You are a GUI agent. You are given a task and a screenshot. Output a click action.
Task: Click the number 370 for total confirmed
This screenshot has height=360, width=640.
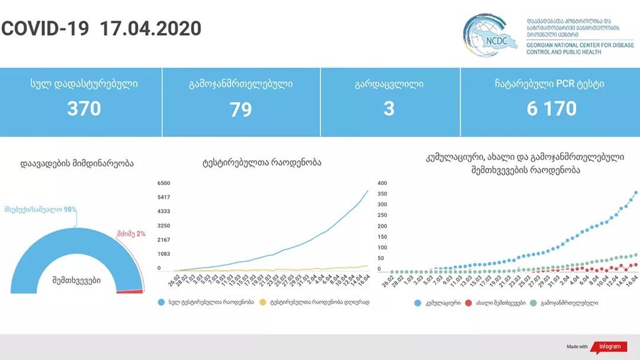pos(84,109)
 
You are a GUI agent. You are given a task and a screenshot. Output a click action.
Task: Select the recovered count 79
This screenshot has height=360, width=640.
pos(241,110)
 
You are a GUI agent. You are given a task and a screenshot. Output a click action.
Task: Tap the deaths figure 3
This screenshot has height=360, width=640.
pos(389,109)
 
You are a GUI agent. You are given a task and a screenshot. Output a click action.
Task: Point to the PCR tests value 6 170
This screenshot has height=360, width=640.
pos(551,109)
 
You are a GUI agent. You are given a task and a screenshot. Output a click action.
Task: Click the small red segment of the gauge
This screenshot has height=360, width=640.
pos(132,290)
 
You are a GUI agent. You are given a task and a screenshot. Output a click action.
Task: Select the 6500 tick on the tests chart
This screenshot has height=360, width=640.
pos(164,183)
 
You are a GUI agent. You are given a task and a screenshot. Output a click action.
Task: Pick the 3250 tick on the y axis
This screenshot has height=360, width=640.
pos(164,225)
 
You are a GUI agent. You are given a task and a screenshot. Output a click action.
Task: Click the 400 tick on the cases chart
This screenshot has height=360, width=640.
pos(382,183)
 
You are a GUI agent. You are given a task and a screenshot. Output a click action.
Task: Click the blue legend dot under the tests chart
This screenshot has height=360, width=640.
pos(161,302)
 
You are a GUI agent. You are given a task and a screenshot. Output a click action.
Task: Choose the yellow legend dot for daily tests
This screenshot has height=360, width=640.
pos(265,302)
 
